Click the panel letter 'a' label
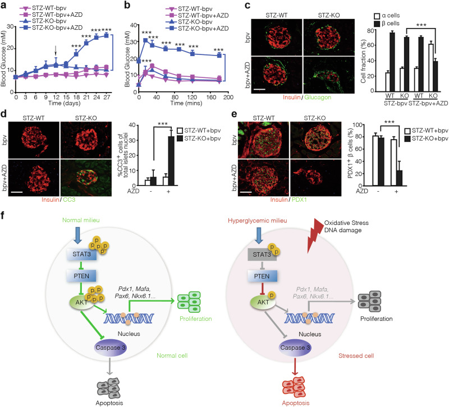(x=4, y=5)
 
